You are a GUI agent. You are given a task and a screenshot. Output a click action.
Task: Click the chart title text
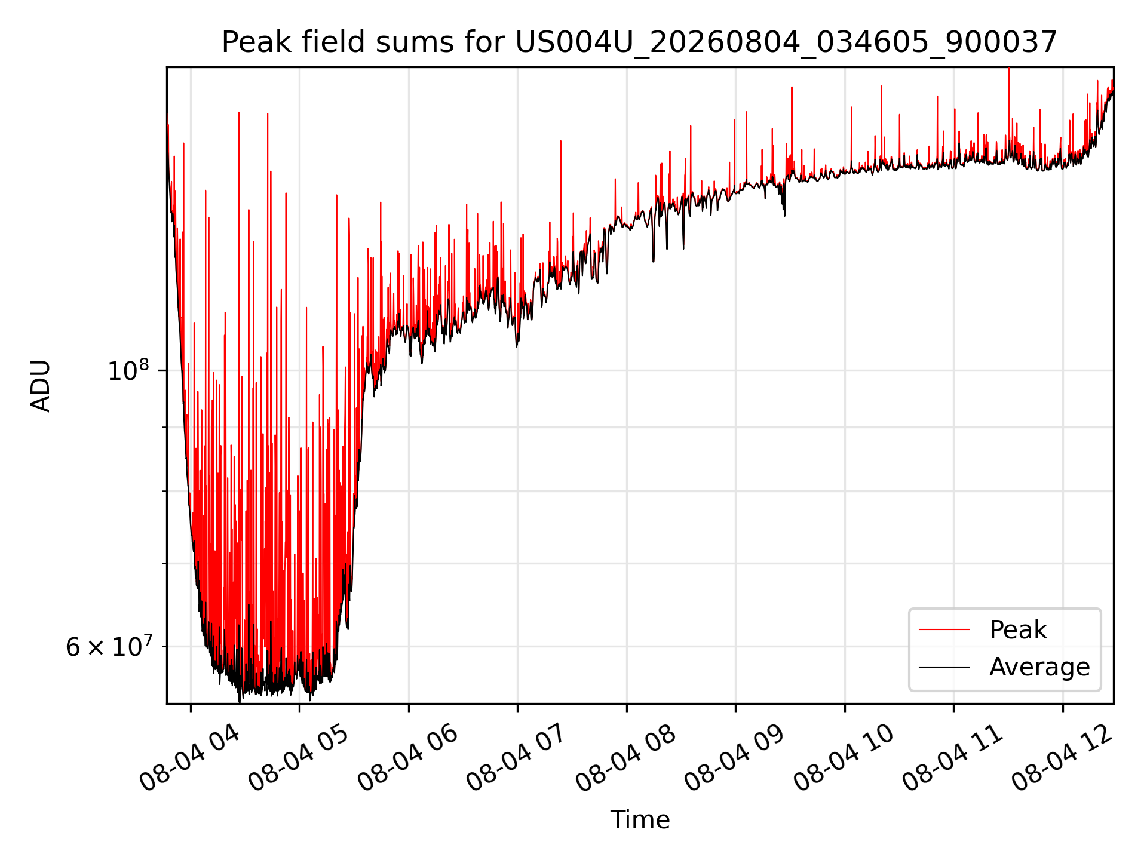click(640, 42)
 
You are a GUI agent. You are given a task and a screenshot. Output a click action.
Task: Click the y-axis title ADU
click(41, 386)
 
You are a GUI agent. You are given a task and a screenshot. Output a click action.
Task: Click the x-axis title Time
click(640, 820)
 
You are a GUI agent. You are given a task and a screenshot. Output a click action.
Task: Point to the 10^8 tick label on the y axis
click(127, 370)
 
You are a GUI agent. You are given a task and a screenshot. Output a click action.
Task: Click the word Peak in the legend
click(1018, 630)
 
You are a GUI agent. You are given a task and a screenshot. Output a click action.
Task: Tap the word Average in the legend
click(1039, 667)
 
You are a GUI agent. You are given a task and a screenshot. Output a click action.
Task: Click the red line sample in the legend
click(944, 629)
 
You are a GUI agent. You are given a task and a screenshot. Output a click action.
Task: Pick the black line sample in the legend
click(944, 666)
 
